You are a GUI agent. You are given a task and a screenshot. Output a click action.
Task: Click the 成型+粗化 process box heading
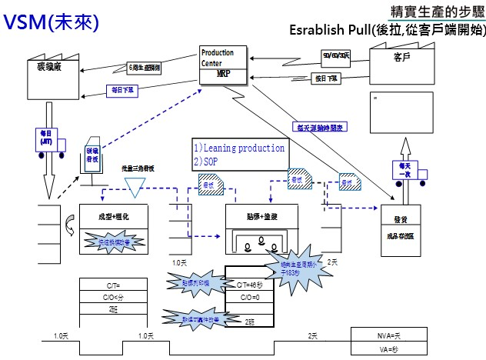point(114,217)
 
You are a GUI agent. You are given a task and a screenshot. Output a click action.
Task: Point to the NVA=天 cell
point(388,335)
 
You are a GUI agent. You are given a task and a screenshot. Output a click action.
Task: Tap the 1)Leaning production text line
point(239,148)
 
